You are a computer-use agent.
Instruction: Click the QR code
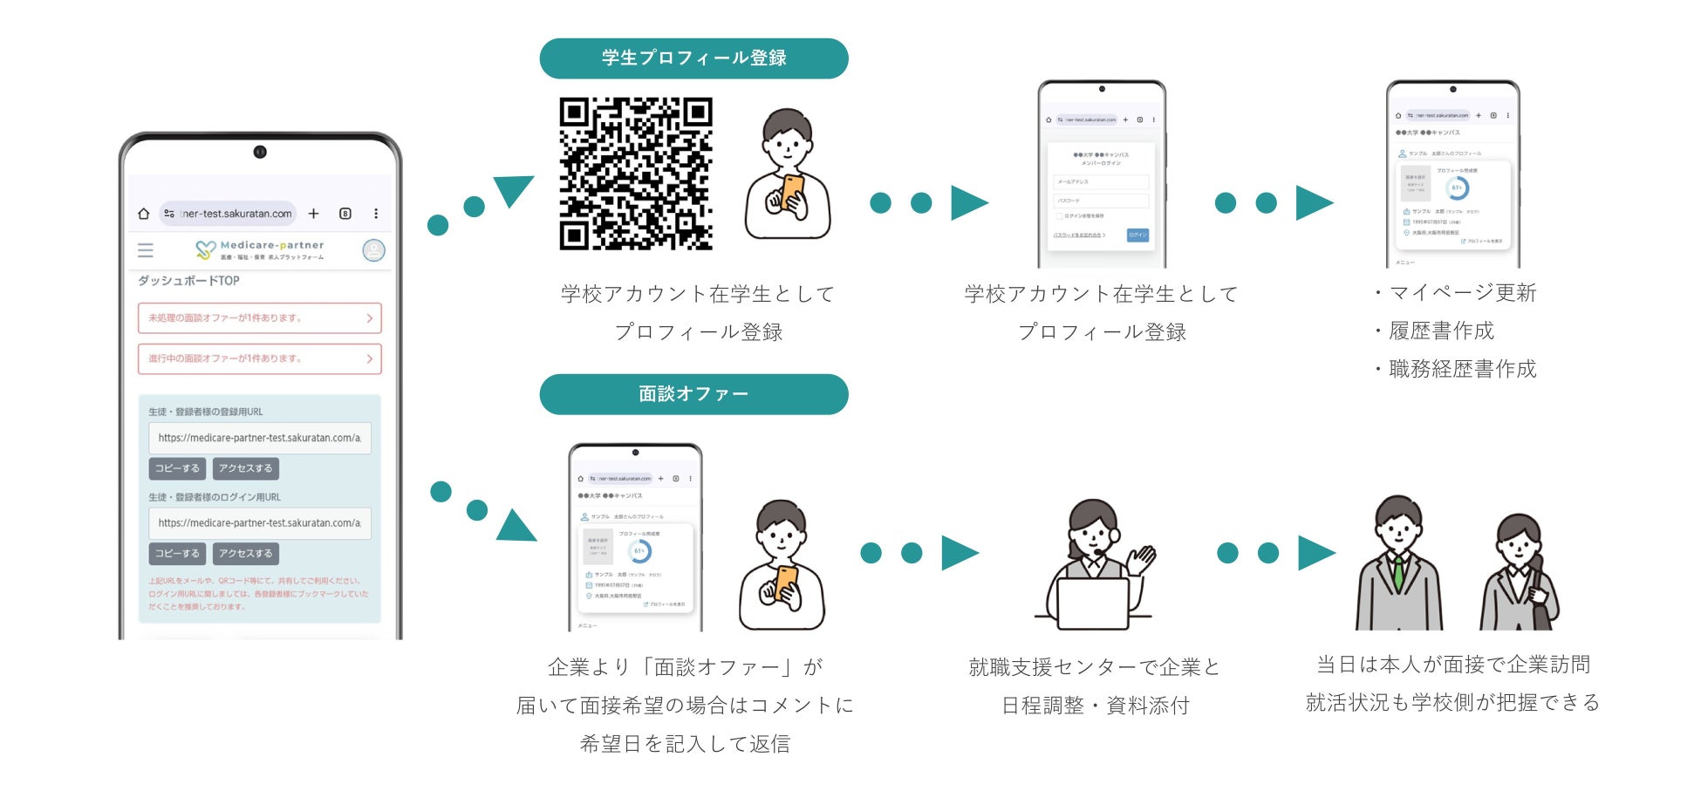636,174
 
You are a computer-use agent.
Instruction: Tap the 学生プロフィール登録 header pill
693,58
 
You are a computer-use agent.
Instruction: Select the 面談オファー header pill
693,394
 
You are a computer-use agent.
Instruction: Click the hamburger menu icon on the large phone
146,250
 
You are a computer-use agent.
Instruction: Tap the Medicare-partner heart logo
205,250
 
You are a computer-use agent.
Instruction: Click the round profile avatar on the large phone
373,250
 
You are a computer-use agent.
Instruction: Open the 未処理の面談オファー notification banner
259,318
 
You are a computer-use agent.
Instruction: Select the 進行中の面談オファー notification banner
259,358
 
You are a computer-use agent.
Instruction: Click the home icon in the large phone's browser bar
144,214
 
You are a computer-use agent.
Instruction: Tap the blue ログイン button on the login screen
1137,235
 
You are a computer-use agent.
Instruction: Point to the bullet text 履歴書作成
1441,331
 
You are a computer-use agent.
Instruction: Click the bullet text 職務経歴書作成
1462,370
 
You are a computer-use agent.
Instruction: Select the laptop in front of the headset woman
1092,603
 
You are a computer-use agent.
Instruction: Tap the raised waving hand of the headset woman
1142,558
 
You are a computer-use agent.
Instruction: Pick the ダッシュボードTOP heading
188,281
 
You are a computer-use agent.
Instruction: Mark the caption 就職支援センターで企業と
1094,668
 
